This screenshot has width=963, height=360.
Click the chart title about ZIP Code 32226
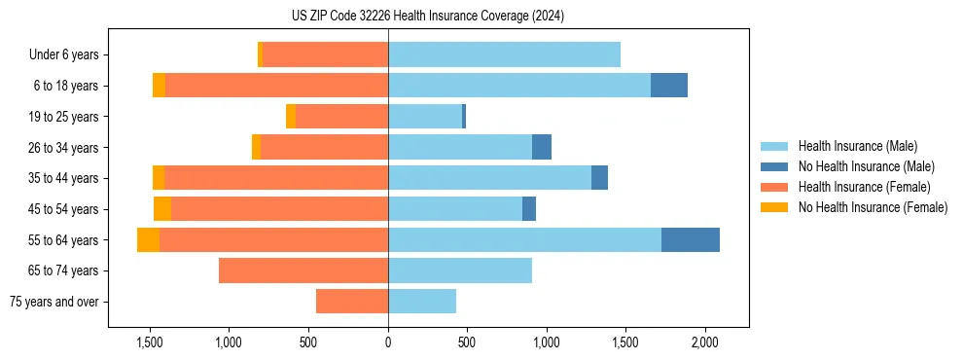pyautogui.click(x=429, y=17)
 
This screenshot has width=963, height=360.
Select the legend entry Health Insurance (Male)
pyautogui.click(x=856, y=146)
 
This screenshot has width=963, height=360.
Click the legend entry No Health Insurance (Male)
pyautogui.click(x=866, y=166)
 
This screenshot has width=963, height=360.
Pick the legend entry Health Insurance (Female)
pyautogui.click(x=864, y=187)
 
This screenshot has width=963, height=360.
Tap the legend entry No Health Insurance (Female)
pyautogui.click(x=873, y=207)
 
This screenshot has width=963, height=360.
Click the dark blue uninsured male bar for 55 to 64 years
pyautogui.click(x=691, y=240)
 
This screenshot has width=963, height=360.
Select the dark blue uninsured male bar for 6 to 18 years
pyautogui.click(x=669, y=86)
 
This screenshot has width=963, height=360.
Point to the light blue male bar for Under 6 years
pyautogui.click(x=504, y=54)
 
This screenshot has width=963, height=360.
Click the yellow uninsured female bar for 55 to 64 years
pyautogui.click(x=148, y=240)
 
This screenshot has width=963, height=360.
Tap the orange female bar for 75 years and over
pyautogui.click(x=352, y=302)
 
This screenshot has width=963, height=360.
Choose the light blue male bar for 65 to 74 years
pyautogui.click(x=460, y=270)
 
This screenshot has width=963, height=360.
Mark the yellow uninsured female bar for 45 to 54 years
pyautogui.click(x=162, y=209)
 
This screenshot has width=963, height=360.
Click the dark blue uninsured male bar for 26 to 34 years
pyautogui.click(x=542, y=147)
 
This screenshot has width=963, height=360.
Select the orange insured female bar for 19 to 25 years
pyautogui.click(x=341, y=117)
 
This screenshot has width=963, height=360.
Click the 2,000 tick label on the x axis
pyautogui.click(x=704, y=343)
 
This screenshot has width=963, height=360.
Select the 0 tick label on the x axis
pyautogui.click(x=388, y=343)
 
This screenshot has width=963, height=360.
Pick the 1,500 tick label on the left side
pyautogui.click(x=149, y=343)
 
